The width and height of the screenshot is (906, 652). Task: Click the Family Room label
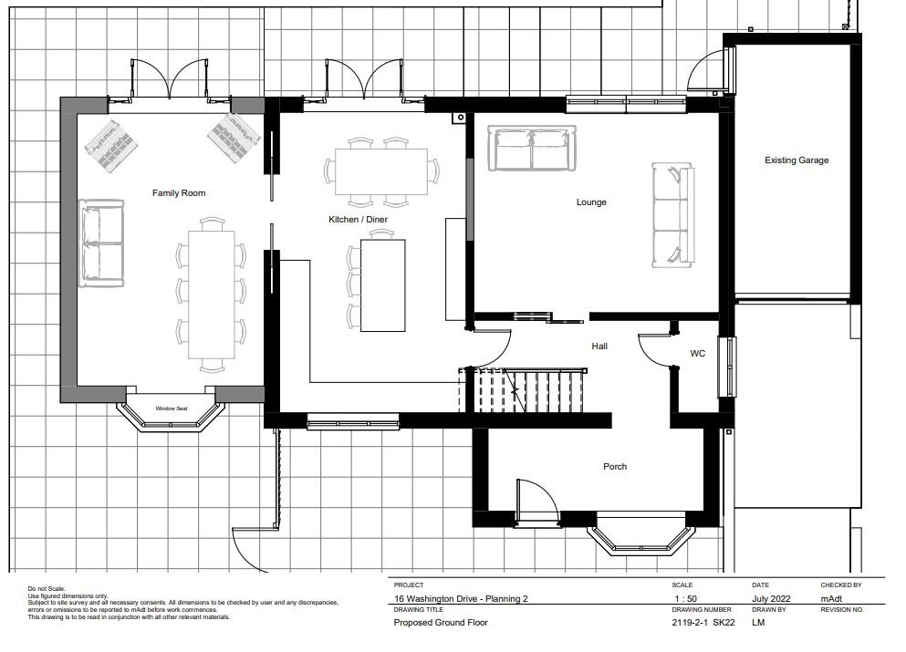179,193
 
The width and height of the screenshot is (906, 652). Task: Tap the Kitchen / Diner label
358,220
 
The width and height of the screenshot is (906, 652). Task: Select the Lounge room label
591,202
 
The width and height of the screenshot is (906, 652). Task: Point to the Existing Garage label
797,160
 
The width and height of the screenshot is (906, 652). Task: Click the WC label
697,354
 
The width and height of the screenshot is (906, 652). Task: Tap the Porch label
615,467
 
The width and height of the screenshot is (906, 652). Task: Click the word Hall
599,347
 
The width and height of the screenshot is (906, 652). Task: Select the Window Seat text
171,409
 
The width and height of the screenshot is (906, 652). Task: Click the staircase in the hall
524,389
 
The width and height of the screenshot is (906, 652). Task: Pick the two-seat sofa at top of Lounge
532,148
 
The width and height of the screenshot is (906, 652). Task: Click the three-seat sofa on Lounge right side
672,215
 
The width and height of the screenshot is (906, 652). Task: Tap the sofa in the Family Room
101,243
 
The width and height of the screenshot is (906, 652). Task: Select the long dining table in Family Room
212,295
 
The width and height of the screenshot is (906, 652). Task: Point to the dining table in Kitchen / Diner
381,171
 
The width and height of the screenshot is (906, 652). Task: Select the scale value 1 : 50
685,599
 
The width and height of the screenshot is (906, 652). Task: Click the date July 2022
771,599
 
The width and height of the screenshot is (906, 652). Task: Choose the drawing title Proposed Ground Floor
441,623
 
